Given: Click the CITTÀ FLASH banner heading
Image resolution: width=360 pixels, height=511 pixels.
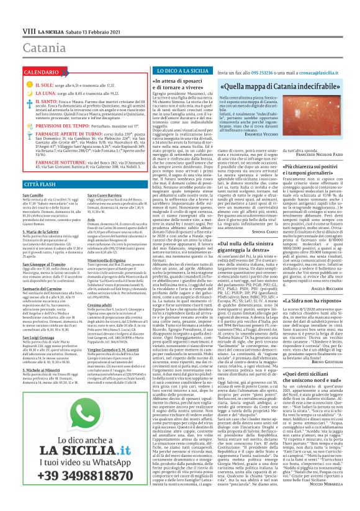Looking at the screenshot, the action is (30, 167).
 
